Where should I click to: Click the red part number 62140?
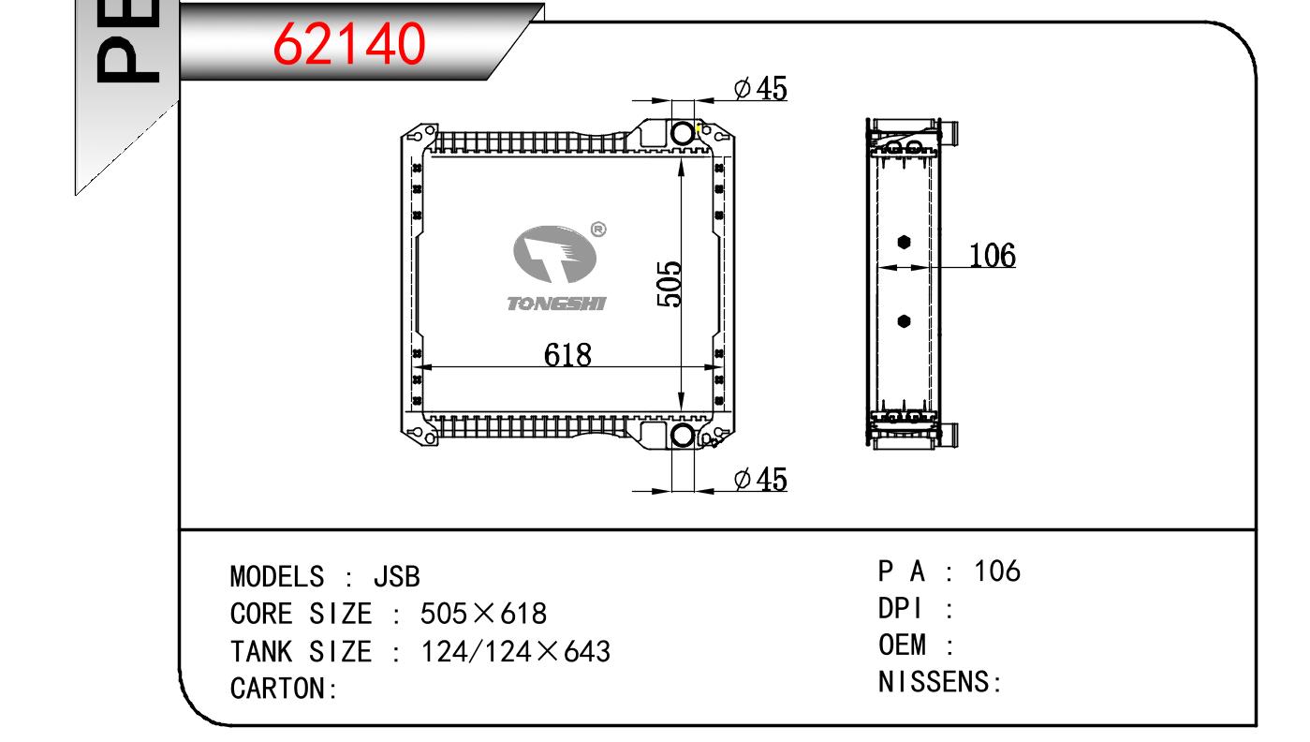pos(349,43)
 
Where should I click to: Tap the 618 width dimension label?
pos(567,355)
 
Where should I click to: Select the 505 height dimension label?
pos(670,284)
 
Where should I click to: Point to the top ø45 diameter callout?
pos(760,88)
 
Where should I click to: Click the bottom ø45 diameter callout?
pos(760,480)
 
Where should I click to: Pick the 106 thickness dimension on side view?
pos(993,256)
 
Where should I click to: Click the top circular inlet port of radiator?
pos(683,133)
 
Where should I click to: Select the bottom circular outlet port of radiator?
pos(683,436)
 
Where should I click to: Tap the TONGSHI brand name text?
pos(556,304)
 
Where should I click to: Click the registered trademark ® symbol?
pos(598,230)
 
